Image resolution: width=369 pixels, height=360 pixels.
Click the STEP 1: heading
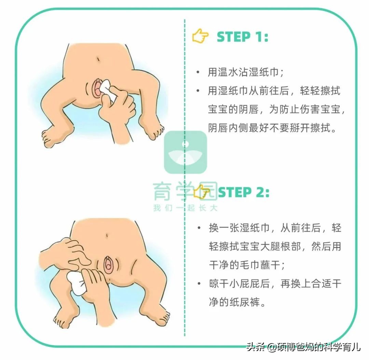(243, 37)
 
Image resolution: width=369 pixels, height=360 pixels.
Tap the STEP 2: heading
(243, 192)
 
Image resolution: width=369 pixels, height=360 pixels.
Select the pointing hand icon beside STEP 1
(200, 37)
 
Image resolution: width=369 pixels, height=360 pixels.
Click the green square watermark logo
(186, 152)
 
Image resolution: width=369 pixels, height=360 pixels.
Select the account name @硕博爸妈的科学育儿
(313, 347)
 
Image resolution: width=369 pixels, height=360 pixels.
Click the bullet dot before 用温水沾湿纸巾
(197, 72)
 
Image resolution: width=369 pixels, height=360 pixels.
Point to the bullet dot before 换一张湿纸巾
(198, 228)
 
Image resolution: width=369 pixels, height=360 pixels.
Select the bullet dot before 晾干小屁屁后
(198, 284)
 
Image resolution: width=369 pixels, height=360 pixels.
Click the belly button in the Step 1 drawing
(98, 59)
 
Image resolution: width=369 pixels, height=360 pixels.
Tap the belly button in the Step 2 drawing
(107, 236)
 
